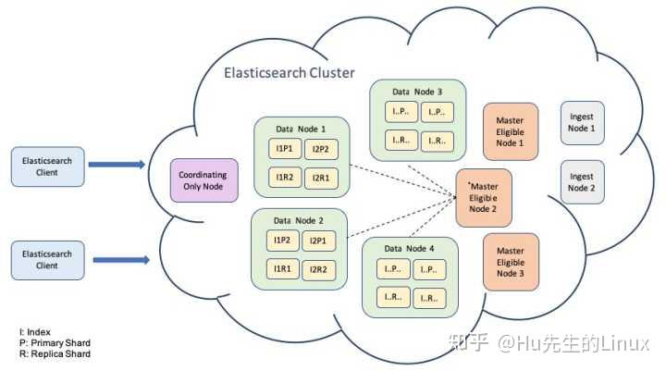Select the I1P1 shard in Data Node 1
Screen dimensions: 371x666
tap(283, 149)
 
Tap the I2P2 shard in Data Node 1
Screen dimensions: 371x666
tap(320, 149)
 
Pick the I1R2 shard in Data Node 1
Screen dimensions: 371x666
tap(283, 176)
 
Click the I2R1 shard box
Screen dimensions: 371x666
tap(320, 176)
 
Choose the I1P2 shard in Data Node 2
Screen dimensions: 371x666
tap(283, 241)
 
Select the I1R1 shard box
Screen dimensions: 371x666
tap(283, 268)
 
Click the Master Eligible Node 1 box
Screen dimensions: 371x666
tap(510, 131)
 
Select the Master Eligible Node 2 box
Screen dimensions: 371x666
tap(483, 197)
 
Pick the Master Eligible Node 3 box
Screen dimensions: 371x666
tap(510, 262)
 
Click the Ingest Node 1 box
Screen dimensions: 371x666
tap(582, 123)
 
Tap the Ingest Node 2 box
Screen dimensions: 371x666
tap(582, 182)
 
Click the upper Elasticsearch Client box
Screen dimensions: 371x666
tap(41, 166)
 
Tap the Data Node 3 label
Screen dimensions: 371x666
tap(417, 92)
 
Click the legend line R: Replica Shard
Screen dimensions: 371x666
tap(55, 353)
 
